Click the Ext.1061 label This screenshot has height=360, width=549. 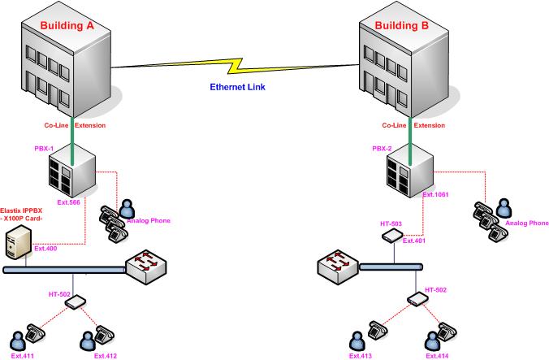pyautogui.click(x=434, y=195)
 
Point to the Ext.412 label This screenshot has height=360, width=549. pyautogui.click(x=106, y=355)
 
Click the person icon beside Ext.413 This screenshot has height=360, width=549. pyautogui.click(x=355, y=337)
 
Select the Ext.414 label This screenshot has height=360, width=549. pyautogui.click(x=437, y=355)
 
